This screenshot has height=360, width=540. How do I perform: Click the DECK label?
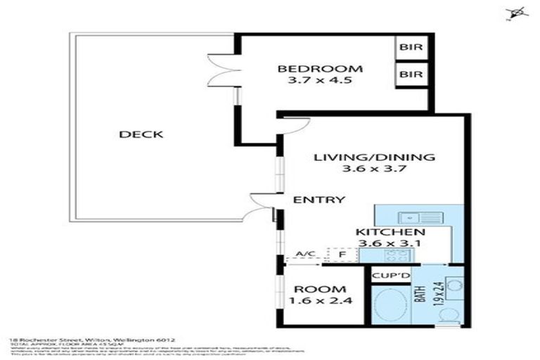click(x=141, y=135)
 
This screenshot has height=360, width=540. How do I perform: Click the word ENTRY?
click(x=319, y=200)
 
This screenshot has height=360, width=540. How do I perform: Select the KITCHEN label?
click(x=390, y=232)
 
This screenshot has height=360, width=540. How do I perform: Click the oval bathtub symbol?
click(x=391, y=307)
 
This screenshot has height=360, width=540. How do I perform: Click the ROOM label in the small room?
click(x=320, y=290)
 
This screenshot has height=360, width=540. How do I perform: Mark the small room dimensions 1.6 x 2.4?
click(x=320, y=302)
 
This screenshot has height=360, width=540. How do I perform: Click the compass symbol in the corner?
click(x=518, y=12)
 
